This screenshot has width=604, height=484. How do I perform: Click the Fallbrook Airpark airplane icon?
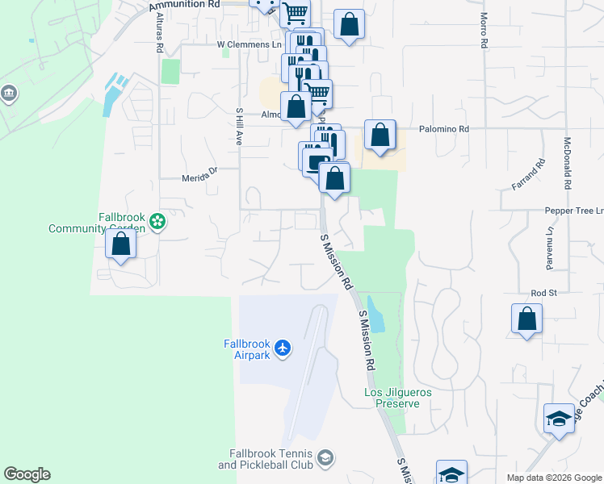click(282, 348)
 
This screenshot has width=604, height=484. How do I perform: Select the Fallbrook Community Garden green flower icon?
click(157, 219)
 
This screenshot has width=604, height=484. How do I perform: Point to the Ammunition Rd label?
click(185, 5)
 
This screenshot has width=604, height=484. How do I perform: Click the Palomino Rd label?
click(443, 129)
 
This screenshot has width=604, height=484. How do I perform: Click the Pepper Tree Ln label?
click(575, 210)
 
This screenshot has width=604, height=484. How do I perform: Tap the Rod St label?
click(540, 293)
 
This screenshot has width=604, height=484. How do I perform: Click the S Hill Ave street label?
click(239, 127)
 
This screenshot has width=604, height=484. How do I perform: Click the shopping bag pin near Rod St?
click(526, 318)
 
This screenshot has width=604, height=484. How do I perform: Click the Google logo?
click(27, 474)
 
